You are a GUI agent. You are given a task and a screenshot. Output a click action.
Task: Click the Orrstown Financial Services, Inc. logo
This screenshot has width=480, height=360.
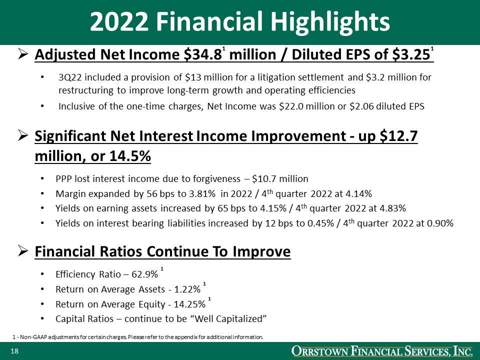382,352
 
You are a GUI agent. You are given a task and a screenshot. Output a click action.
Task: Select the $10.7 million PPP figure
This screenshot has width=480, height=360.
280,178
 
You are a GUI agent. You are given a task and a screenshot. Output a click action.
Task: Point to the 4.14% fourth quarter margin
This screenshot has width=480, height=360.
360,194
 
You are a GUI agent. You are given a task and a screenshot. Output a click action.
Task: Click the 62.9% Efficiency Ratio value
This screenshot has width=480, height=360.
144,274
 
